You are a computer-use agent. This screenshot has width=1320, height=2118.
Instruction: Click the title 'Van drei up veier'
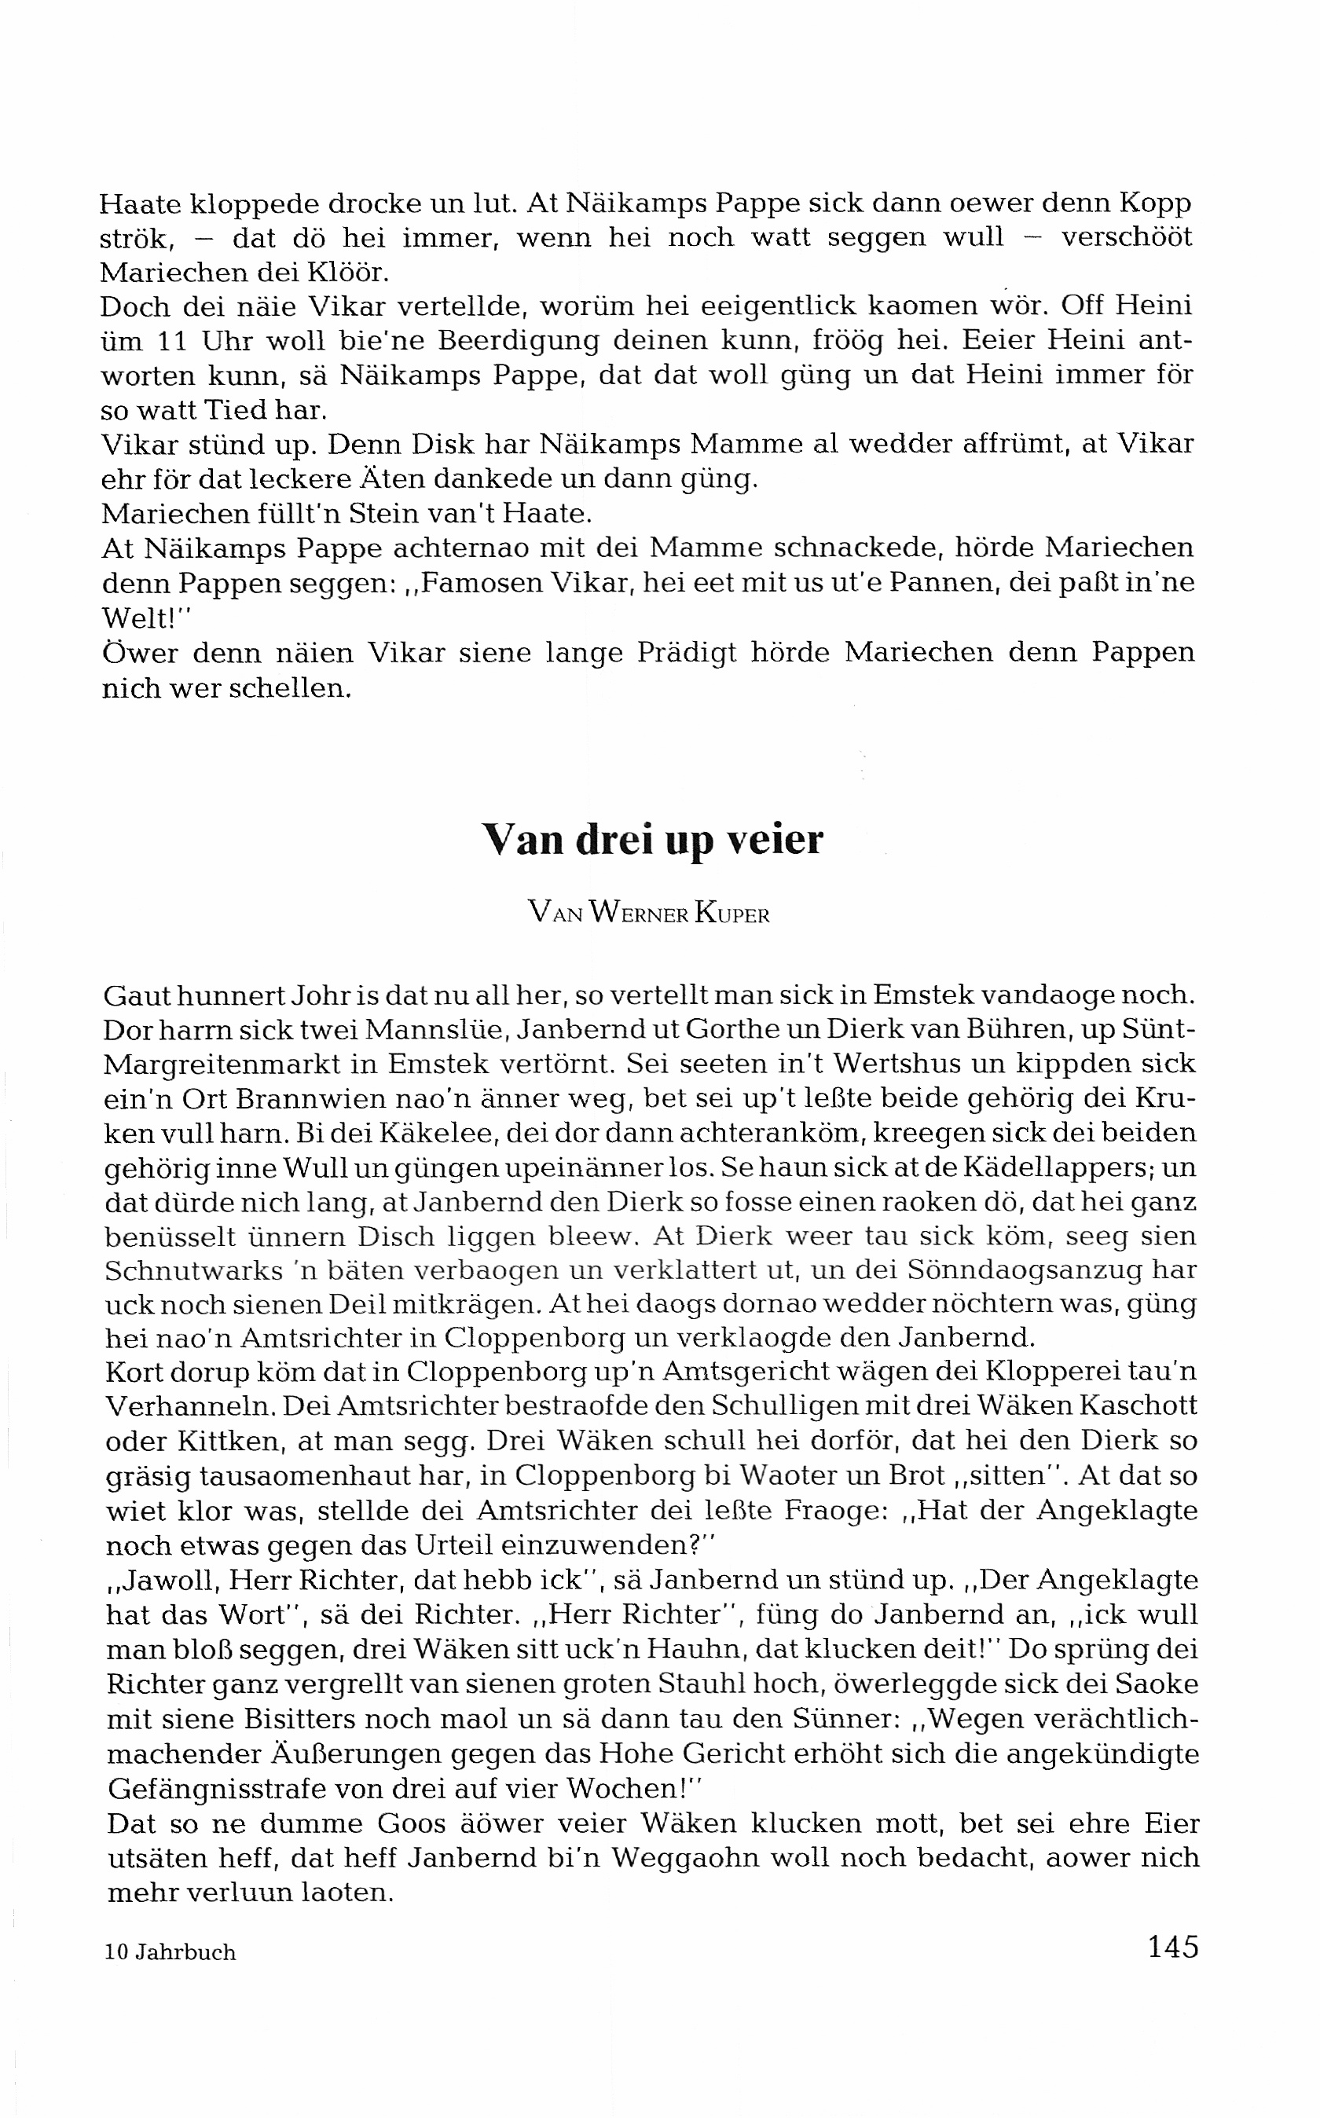point(653,841)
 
